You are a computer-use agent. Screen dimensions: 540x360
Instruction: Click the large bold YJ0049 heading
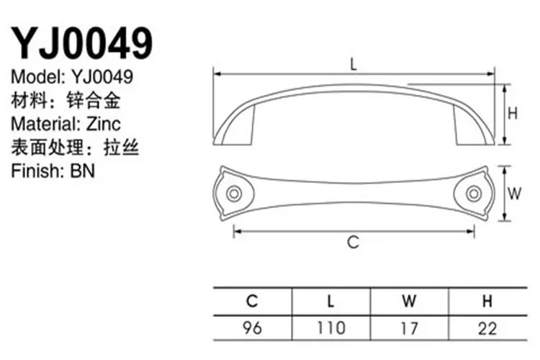pos(82,43)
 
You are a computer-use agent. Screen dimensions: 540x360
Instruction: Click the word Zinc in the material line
pos(103,124)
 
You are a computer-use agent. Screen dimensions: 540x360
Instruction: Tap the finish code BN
pos(82,171)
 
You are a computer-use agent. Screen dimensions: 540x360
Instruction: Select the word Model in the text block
pos(38,76)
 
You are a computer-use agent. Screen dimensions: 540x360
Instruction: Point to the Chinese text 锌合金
pos(93,100)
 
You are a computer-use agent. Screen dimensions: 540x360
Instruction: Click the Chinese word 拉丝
pos(121,148)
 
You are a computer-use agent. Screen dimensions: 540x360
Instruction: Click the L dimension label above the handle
pos(354,64)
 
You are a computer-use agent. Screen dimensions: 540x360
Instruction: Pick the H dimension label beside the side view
pos(513,113)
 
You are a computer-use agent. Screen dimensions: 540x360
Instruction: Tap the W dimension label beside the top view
pos(514,193)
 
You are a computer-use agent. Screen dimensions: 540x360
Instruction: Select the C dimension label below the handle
pos(354,242)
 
